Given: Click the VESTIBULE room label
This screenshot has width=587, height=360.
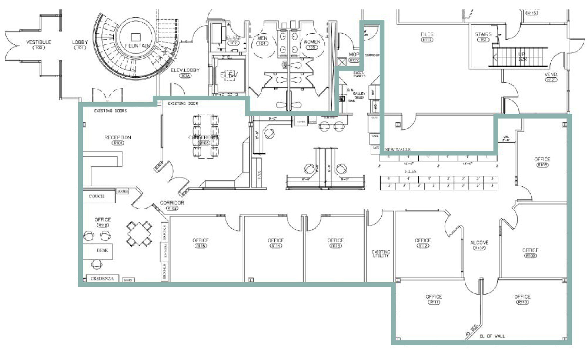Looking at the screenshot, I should click(x=39, y=42).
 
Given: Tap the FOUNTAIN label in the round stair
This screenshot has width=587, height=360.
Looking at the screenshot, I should click(x=138, y=46).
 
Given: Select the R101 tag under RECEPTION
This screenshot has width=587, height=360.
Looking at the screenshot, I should click(x=118, y=143).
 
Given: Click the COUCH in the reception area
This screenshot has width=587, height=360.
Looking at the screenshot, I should click(x=97, y=196).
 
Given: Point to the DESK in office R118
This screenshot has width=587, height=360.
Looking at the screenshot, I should click(x=102, y=250).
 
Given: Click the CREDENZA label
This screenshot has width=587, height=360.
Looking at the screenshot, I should click(x=102, y=279).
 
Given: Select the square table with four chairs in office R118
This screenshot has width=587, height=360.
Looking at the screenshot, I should click(x=139, y=233).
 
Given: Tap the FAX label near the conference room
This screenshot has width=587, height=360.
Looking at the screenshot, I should click(x=259, y=175).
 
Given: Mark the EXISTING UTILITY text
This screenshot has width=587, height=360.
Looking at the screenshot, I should click(x=381, y=254).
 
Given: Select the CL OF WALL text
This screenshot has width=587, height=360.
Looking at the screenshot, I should click(x=492, y=336).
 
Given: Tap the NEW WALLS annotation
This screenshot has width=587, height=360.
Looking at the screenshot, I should click(x=398, y=149).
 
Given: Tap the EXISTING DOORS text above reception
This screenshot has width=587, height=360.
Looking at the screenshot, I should click(x=110, y=111).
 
